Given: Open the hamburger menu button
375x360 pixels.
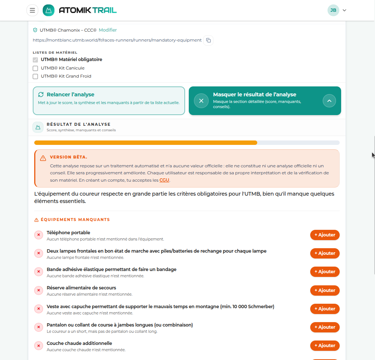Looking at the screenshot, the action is point(32,10).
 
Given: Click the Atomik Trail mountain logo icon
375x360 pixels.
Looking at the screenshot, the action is point(49,10).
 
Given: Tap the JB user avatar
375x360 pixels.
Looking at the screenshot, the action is point(333,10).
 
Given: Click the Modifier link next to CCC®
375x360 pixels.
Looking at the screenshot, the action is point(107,30).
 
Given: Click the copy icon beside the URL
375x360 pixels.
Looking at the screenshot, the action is point(208,40).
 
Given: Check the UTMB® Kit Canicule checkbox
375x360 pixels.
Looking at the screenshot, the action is point(35,68).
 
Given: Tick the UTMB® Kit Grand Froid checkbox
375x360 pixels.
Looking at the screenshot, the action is point(35,76).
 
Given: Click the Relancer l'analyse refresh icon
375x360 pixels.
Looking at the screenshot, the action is point(41,95).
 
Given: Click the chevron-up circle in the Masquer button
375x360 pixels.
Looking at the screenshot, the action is point(329,101).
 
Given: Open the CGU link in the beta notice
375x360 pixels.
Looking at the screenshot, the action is point(164,180).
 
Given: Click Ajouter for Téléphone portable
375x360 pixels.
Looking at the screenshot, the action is point(325,235).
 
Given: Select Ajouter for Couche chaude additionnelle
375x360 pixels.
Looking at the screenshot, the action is point(325,346).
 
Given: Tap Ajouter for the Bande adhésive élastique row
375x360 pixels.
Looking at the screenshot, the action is point(325,272).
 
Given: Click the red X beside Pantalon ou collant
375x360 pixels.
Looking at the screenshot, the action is point(39,327).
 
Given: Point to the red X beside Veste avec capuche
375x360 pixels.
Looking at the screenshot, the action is point(39,309).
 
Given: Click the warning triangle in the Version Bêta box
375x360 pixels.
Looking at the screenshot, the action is point(43,158).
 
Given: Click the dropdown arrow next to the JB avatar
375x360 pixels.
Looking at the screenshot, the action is point(344,10).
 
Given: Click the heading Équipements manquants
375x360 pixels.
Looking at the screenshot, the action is point(75,220).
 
